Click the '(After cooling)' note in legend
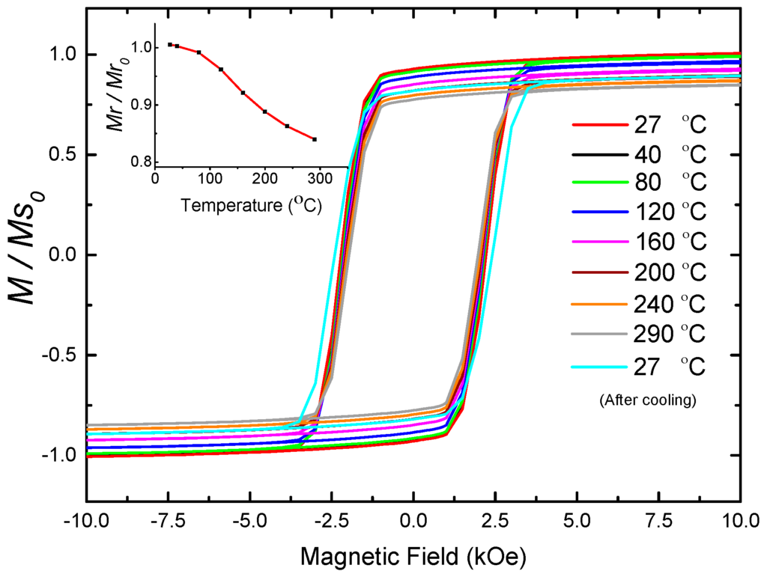(649, 401)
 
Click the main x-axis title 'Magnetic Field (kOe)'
(412, 556)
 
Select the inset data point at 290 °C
(315, 139)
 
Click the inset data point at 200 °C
(265, 112)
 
